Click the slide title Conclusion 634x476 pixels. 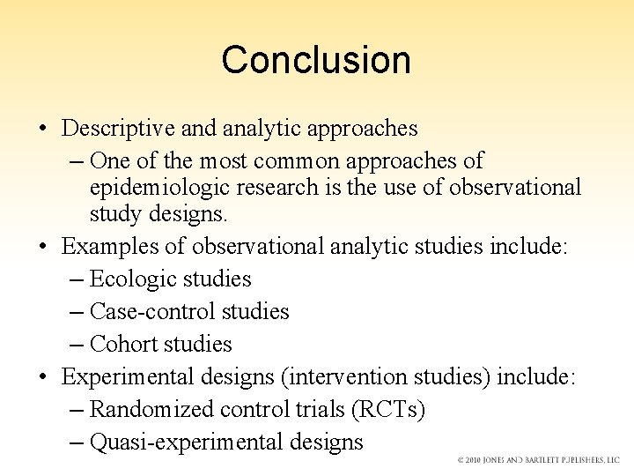316,60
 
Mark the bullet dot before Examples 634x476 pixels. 43,247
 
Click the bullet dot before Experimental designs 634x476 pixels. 43,378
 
